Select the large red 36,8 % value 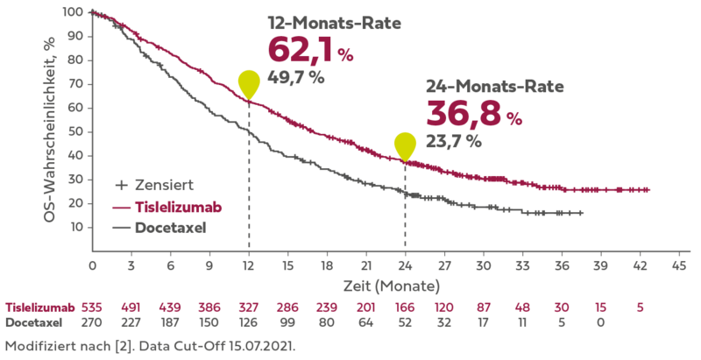[474, 114]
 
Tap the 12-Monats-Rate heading [334, 24]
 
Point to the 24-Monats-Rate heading [495, 88]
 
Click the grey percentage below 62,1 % [295, 77]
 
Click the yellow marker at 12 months [249, 83]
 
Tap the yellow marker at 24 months [405, 146]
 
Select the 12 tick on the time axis [248, 264]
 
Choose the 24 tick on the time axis [404, 264]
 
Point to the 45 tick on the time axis [677, 264]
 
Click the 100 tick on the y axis [74, 12]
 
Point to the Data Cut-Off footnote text [149, 347]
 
